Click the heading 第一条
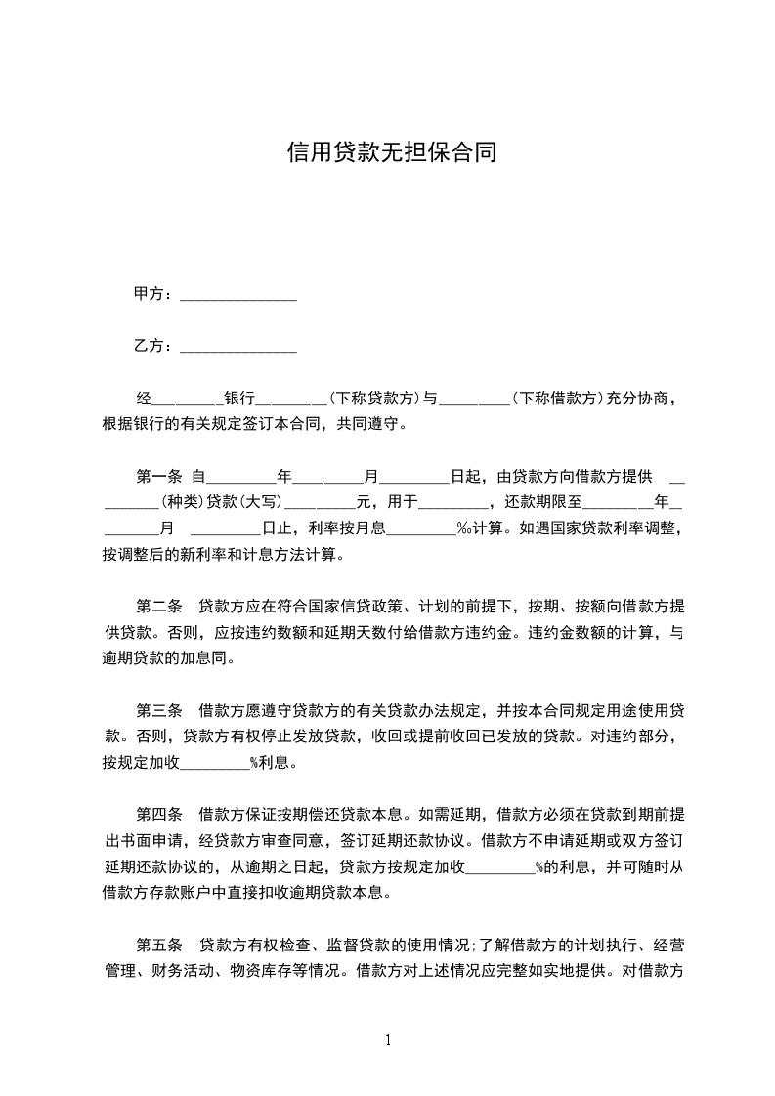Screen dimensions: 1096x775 point(158,477)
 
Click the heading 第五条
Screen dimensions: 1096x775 point(158,945)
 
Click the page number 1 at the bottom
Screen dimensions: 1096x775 point(388,1040)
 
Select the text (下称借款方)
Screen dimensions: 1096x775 point(555,399)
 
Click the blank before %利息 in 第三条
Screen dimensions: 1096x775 point(215,764)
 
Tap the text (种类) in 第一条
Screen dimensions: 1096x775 point(183,503)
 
